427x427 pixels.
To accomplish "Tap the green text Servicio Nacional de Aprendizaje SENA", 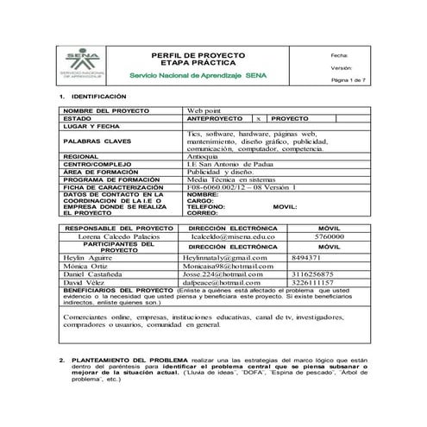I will [204, 76].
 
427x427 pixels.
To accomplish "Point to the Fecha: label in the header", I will [339, 54].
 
